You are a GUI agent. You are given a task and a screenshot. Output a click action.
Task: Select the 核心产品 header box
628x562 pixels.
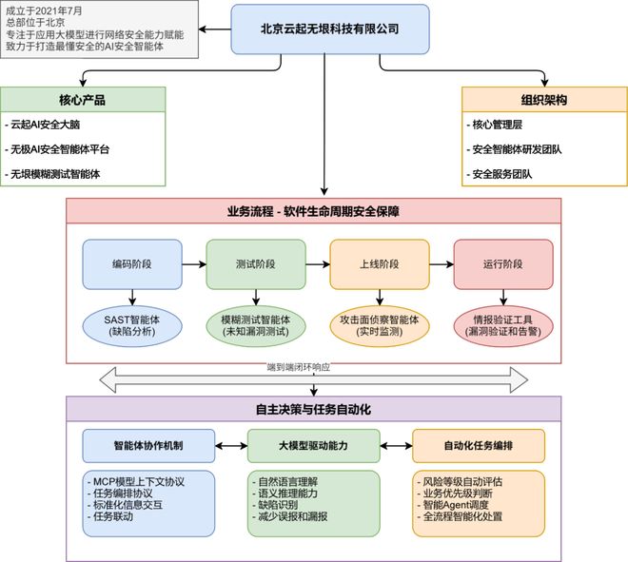click(x=83, y=99)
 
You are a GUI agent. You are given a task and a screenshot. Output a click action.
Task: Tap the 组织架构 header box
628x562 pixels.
click(x=545, y=99)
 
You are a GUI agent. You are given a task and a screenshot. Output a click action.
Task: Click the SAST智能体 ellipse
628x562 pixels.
click(x=132, y=326)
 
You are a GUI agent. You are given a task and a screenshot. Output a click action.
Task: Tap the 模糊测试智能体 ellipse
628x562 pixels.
click(x=256, y=326)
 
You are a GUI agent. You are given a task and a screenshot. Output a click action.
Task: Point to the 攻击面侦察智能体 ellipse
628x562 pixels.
click(x=380, y=326)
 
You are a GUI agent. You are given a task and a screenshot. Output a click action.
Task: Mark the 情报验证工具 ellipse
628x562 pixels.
click(x=503, y=326)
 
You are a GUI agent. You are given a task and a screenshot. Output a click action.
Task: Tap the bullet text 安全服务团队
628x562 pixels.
click(x=501, y=174)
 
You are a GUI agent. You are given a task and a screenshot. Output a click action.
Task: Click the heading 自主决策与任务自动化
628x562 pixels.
click(x=314, y=410)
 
